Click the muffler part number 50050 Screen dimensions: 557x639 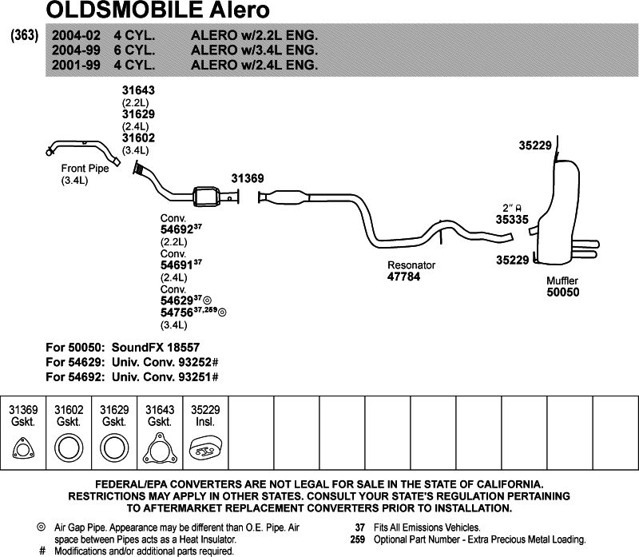pyautogui.click(x=562, y=292)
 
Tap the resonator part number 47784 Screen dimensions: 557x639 pyautogui.click(x=403, y=277)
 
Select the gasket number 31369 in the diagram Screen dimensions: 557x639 pyautogui.click(x=247, y=179)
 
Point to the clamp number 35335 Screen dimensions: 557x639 pyautogui.click(x=512, y=217)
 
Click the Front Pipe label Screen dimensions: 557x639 pyautogui.click(x=84, y=169)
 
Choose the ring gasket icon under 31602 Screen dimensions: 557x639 pyautogui.click(x=69, y=450)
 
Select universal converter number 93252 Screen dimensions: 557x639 pyautogui.click(x=194, y=363)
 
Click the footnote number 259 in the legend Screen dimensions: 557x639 pyautogui.click(x=357, y=539)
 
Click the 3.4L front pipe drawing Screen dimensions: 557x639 pyautogui.click(x=84, y=149)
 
